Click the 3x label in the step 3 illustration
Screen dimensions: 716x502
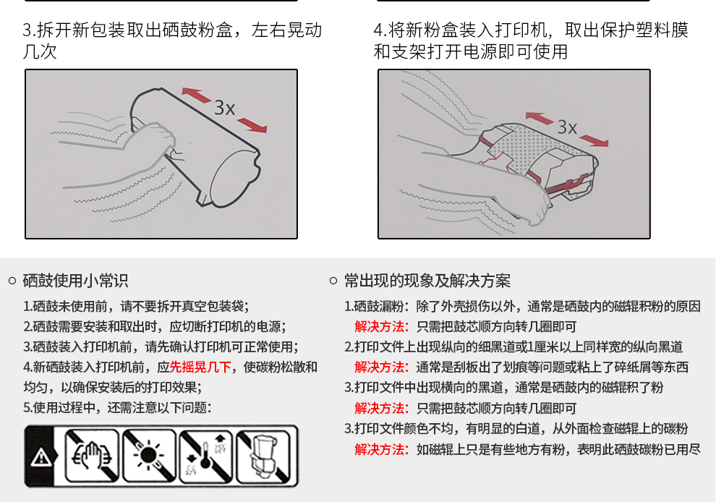225,109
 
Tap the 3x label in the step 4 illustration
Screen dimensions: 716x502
568,127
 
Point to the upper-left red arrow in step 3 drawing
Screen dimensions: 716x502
196,95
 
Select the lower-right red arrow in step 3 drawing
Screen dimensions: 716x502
252,124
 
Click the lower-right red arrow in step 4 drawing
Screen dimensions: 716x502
594,140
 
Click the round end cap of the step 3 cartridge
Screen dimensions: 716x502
234,177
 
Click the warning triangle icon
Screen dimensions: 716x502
41,456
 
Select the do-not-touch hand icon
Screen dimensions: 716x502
92,456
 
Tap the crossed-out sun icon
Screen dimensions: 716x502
149,456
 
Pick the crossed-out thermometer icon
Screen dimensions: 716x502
206,456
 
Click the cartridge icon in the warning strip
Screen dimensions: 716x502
263,456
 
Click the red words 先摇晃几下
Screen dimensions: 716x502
200,367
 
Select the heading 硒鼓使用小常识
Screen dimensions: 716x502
75,281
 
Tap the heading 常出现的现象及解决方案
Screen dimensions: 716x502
427,281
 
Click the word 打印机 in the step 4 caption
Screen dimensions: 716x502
521,30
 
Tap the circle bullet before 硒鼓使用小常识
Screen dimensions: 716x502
13,281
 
